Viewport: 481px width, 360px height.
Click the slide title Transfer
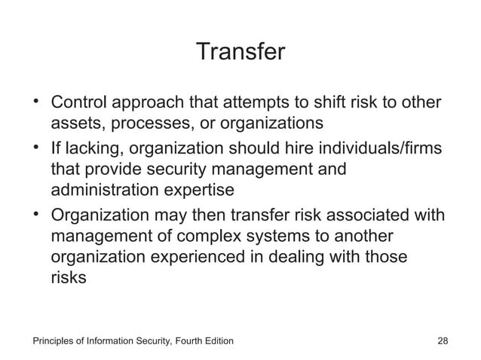click(x=240, y=53)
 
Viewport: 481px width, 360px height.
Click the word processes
click(x=151, y=122)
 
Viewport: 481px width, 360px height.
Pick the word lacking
click(x=93, y=148)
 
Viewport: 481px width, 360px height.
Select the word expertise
click(x=198, y=188)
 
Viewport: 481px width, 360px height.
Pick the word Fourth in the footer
click(x=188, y=342)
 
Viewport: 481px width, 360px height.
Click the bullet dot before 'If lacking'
click(x=35, y=147)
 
